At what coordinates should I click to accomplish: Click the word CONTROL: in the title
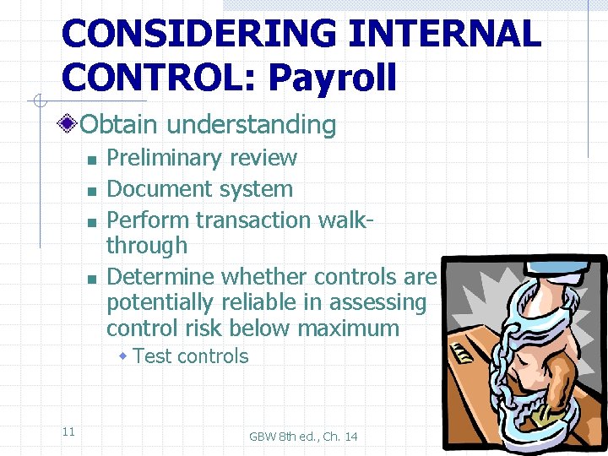tap(160, 78)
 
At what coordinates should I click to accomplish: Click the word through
tap(147, 246)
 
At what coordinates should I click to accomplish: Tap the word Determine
tap(160, 276)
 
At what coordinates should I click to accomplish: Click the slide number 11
tap(68, 432)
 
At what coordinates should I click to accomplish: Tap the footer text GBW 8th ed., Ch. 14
tap(303, 436)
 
